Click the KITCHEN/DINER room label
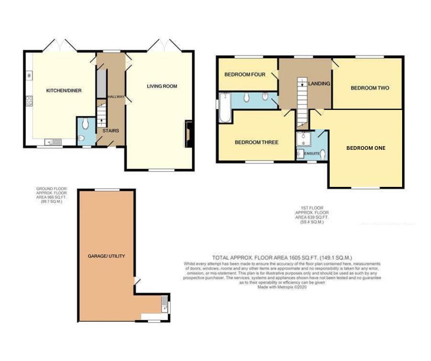coord(64,91)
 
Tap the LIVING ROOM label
coord(162,86)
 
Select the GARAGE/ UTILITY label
coord(106,256)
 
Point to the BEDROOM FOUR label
coord(244,74)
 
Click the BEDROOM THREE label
coord(256,142)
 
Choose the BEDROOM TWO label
coord(370,88)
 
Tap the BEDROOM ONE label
coord(365,148)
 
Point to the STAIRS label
coord(111,131)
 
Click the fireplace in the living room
coord(188,134)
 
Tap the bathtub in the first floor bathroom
coord(225,108)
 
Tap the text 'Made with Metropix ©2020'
coord(282,287)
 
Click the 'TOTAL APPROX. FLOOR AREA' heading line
coord(282,257)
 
